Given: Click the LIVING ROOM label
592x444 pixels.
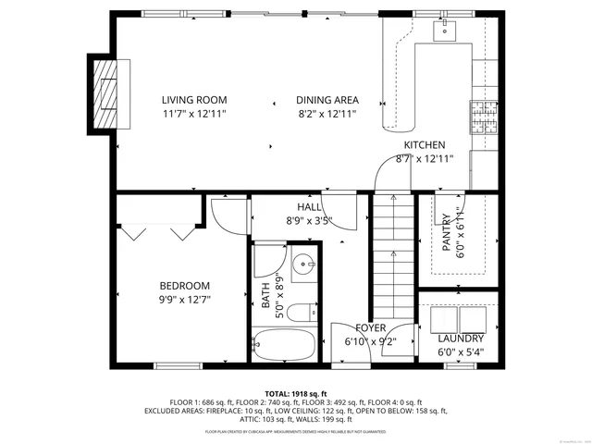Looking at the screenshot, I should tap(193, 100).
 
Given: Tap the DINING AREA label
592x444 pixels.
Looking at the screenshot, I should tap(327, 100).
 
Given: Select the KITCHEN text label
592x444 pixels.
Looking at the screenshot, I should tap(425, 145).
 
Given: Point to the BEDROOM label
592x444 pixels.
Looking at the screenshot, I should tap(184, 286).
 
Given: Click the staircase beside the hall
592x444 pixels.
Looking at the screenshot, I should tap(392, 259).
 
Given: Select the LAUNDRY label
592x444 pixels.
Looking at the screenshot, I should tap(460, 339).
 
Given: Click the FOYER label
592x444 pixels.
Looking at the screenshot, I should tap(371, 328).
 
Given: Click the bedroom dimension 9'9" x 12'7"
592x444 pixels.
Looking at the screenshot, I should tap(184, 300).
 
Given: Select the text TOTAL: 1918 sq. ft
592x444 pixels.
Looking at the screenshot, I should tap(296, 394).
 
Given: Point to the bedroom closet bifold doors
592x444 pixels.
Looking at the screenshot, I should tap(163, 229).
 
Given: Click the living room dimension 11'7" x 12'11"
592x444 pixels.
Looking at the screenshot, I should tap(193, 114).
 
